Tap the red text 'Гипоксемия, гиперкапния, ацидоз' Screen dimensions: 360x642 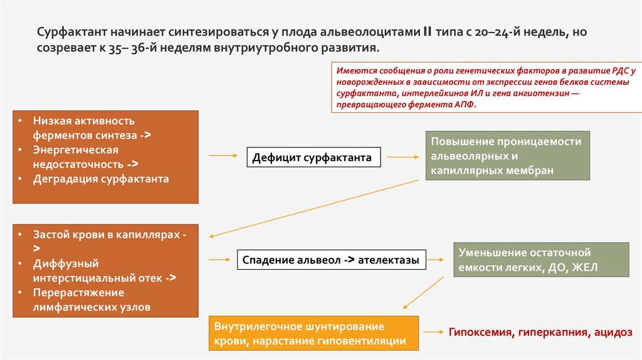pyautogui.click(x=540, y=332)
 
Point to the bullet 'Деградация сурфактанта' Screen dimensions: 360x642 pyautogui.click(x=102, y=179)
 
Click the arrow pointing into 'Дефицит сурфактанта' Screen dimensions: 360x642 pyautogui.click(x=223, y=155)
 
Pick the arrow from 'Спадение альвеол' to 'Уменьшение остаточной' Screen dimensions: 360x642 pyautogui.click(x=436, y=258)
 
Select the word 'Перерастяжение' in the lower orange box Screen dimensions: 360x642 pyautogui.click(x=79, y=293)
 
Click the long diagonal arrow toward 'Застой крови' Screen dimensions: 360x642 pyautogui.click(x=313, y=208)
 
